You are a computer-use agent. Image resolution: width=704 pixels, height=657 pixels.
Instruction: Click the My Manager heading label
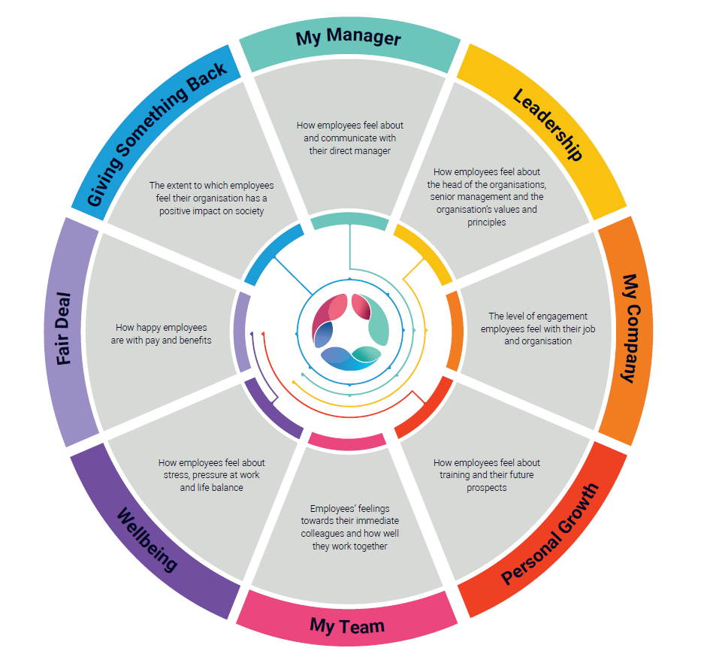pyautogui.click(x=348, y=38)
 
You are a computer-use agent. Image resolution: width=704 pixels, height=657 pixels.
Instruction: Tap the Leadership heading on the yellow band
pyautogui.click(x=548, y=124)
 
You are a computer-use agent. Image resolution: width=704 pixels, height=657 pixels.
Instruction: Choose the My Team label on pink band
pyautogui.click(x=347, y=625)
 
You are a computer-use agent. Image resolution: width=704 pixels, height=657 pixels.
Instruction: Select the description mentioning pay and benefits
pyautogui.click(x=162, y=334)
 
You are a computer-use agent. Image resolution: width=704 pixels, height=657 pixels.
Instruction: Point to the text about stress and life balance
pyautogui.click(x=211, y=475)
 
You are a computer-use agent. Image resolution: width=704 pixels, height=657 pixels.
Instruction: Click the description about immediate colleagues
pyautogui.click(x=349, y=527)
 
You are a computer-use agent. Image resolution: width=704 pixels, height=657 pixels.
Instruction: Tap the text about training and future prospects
pyautogui.click(x=486, y=475)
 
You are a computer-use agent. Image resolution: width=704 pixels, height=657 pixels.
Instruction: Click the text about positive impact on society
pyautogui.click(x=211, y=198)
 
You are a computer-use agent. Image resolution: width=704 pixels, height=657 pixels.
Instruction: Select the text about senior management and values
pyautogui.click(x=486, y=197)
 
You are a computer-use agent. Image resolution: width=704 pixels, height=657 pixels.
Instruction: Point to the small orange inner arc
pyautogui.click(x=452, y=331)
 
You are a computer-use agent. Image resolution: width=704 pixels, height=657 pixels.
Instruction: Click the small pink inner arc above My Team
pyautogui.click(x=347, y=442)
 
